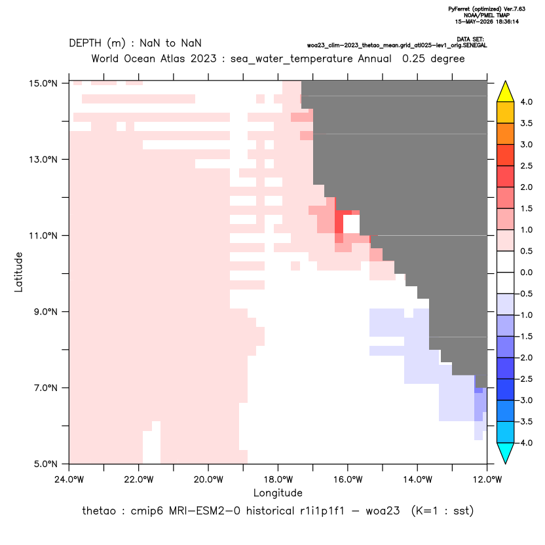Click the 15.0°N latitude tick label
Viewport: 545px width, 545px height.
tap(43, 83)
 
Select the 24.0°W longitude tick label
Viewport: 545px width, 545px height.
tap(69, 479)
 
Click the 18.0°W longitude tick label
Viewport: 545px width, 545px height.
tap(278, 479)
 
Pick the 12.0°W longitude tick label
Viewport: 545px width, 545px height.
tap(487, 479)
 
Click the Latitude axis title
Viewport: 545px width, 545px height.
tap(18, 272)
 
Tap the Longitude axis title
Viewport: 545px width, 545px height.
tap(278, 493)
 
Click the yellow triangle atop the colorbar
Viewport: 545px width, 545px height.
tap(506, 92)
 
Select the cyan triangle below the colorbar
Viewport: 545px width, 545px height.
tap(506, 453)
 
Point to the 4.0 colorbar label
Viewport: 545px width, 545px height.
tap(526, 102)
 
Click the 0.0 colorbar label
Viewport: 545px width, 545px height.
tap(526, 272)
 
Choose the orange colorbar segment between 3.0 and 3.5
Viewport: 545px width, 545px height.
tap(506, 134)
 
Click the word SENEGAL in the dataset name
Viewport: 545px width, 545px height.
tap(475, 46)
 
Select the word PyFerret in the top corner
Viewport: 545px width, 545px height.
tap(459, 9)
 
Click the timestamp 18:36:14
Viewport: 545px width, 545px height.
tap(507, 22)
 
